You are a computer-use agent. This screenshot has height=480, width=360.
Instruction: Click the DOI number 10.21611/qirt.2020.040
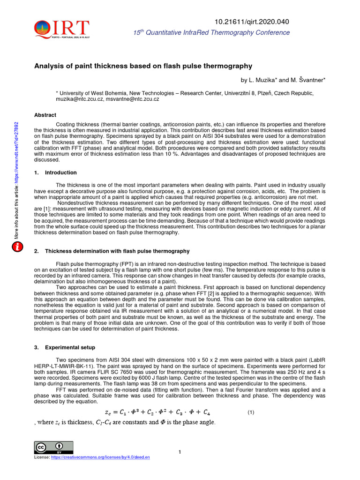click(x=252, y=22)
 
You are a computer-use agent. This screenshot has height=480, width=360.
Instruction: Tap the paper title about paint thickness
click(x=143, y=66)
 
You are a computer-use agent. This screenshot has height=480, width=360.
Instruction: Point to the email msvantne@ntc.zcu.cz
click(x=132, y=99)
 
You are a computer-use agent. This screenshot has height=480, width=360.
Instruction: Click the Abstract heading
click(x=45, y=115)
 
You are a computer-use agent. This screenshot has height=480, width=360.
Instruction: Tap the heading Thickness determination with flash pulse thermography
click(x=117, y=251)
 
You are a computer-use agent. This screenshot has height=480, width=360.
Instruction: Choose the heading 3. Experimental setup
click(x=65, y=347)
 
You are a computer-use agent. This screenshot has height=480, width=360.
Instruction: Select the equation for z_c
click(x=157, y=412)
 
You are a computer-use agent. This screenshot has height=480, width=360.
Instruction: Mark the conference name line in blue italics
click(x=211, y=33)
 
